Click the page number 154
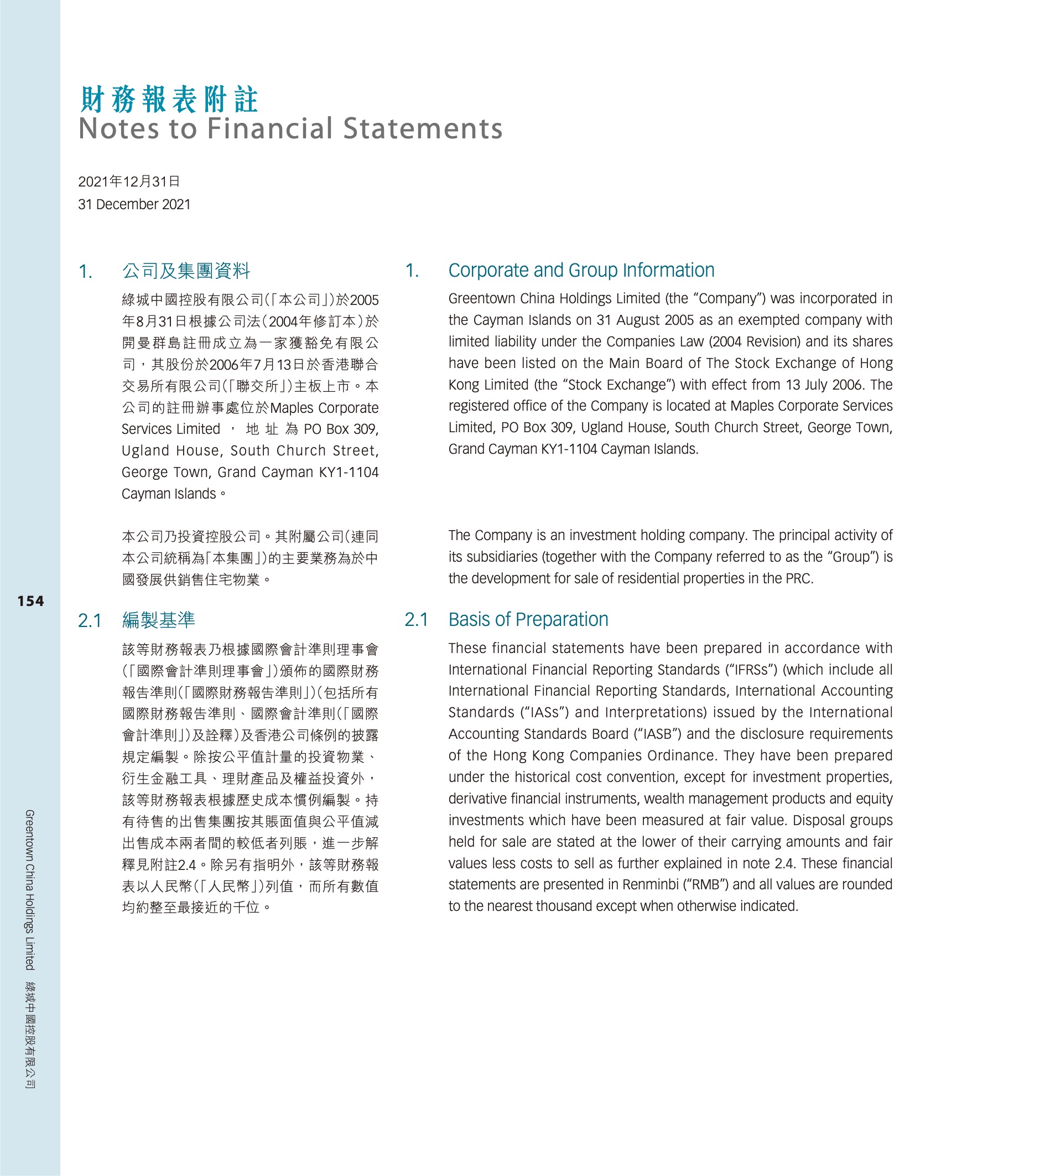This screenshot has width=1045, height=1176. [x=30, y=601]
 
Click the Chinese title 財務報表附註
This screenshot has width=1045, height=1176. [x=169, y=100]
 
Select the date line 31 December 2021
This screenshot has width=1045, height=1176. [x=134, y=204]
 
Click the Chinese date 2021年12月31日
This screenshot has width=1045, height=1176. [x=129, y=182]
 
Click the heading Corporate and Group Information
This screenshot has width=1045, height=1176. [x=581, y=271]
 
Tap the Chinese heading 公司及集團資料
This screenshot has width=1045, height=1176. [x=186, y=271]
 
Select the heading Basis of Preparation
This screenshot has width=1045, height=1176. [x=528, y=620]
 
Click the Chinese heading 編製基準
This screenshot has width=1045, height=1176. [x=158, y=620]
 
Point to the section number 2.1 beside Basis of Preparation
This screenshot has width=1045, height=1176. [x=417, y=620]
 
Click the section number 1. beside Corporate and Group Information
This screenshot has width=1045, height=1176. [x=412, y=271]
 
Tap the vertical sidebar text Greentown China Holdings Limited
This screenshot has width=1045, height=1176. [x=30, y=889]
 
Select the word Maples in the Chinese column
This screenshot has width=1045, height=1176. [x=292, y=408]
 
